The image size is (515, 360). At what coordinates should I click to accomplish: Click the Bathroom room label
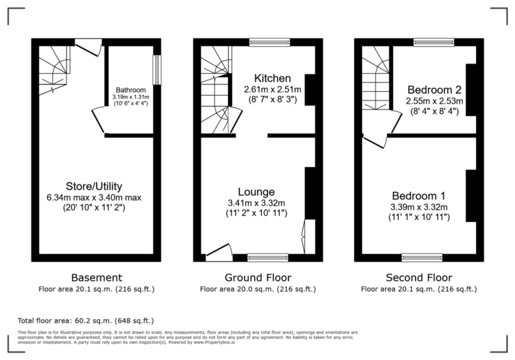130,90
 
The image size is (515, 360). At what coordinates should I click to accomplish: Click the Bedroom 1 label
419,196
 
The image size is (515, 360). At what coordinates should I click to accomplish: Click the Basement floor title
97,278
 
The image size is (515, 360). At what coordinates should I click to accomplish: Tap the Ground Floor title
257,278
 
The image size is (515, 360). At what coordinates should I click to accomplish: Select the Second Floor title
418,278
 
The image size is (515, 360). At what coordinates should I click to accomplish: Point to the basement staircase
53,69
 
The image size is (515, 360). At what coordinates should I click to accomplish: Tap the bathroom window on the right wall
157,70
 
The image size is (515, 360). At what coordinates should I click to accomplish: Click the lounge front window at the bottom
268,257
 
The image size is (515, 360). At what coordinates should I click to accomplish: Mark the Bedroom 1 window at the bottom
422,257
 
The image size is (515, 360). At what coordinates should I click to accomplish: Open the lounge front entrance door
219,253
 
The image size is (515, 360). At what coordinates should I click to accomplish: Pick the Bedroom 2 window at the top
428,42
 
